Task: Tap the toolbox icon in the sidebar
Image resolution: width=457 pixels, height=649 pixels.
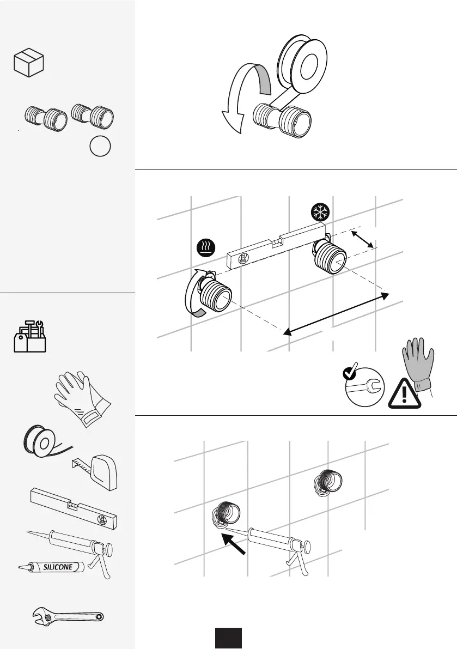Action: point(30,337)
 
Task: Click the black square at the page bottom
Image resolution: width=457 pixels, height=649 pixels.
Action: point(228,638)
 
